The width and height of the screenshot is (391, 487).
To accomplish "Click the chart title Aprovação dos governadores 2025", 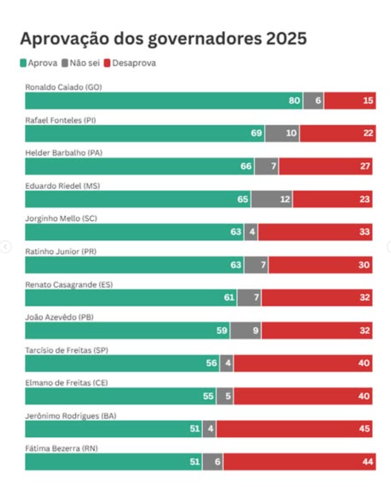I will point(163,39).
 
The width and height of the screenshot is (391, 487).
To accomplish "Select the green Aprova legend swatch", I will point(23,63).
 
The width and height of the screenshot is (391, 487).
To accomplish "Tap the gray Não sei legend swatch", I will point(65,63).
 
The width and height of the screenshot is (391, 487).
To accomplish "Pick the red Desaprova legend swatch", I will point(107,63).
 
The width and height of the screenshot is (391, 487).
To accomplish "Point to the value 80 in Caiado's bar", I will point(294,101).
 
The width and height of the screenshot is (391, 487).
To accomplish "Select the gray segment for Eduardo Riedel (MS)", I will point(271,199).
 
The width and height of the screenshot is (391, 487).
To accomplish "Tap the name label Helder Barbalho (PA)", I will point(64,153).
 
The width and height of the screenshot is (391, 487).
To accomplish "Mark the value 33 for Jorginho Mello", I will point(364,232).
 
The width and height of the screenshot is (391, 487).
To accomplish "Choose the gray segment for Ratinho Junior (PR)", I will point(256,265).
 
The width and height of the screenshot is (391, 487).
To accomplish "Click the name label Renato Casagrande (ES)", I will point(69,284).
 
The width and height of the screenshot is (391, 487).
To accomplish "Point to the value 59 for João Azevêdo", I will point(222,331).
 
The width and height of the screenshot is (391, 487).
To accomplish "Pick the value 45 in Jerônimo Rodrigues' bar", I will point(364,429).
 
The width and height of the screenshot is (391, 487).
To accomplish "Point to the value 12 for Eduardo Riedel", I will point(285,199).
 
